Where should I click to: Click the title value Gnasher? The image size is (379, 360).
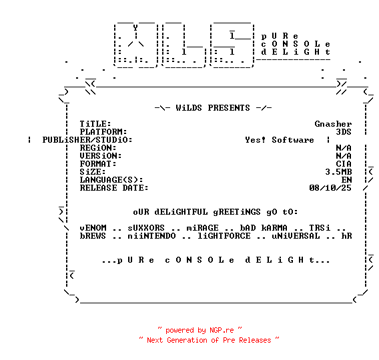(x=333, y=124)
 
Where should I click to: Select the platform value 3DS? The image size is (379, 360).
(x=344, y=132)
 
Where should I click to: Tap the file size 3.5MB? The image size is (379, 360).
(x=338, y=172)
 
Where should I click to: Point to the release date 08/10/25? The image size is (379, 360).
(x=330, y=188)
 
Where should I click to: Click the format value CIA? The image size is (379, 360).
(x=344, y=164)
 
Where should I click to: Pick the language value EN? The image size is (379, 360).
(x=346, y=180)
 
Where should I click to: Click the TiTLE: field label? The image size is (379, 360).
(x=95, y=124)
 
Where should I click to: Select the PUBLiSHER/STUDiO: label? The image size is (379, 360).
(x=87, y=140)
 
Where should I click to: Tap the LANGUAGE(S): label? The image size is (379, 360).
(x=111, y=180)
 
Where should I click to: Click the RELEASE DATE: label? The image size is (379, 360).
(x=114, y=188)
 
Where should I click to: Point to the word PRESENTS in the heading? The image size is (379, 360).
(x=229, y=108)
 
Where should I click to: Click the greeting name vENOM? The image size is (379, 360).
(x=93, y=228)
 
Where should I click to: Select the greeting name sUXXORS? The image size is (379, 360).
(x=146, y=228)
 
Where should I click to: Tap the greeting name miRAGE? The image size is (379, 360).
(x=202, y=228)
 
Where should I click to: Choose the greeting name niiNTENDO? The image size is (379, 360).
(x=151, y=236)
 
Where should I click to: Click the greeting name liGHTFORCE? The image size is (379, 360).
(x=224, y=236)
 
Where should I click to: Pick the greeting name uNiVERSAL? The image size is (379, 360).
(x=296, y=236)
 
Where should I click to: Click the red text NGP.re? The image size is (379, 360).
(x=222, y=330)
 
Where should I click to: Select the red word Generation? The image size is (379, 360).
(x=187, y=340)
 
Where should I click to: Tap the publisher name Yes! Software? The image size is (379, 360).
(x=280, y=140)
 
